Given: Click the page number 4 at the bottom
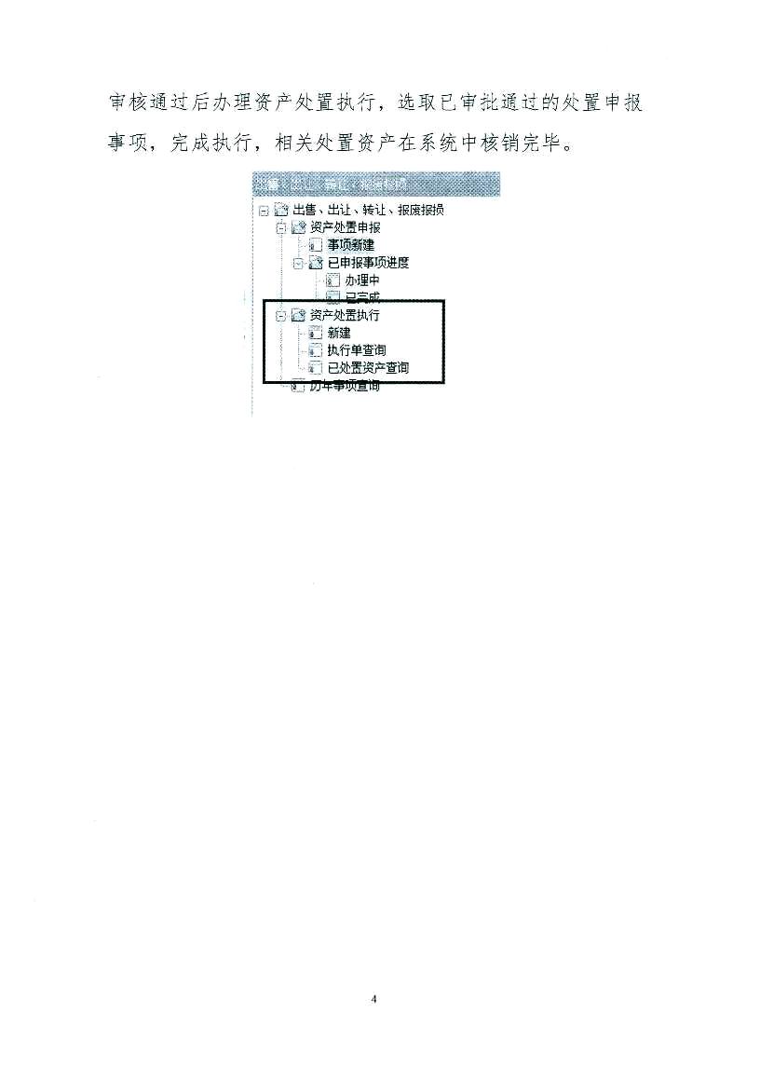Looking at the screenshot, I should click(373, 1000).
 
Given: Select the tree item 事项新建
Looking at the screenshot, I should click(350, 245).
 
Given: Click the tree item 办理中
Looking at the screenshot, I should click(361, 280).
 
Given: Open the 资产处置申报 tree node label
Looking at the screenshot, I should click(345, 227).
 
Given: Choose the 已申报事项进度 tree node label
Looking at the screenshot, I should click(369, 263).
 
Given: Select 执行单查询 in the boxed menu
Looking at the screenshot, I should click(356, 350).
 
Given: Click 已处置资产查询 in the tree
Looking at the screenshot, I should click(368, 368).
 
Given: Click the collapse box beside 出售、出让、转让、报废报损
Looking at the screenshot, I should click(264, 211).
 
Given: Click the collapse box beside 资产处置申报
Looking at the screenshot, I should click(281, 228).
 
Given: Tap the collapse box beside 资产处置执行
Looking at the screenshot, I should click(281, 316).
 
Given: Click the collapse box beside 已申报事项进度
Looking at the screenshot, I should click(298, 264).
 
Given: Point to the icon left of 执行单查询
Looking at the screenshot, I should click(315, 351).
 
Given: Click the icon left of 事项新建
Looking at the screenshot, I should click(315, 246).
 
